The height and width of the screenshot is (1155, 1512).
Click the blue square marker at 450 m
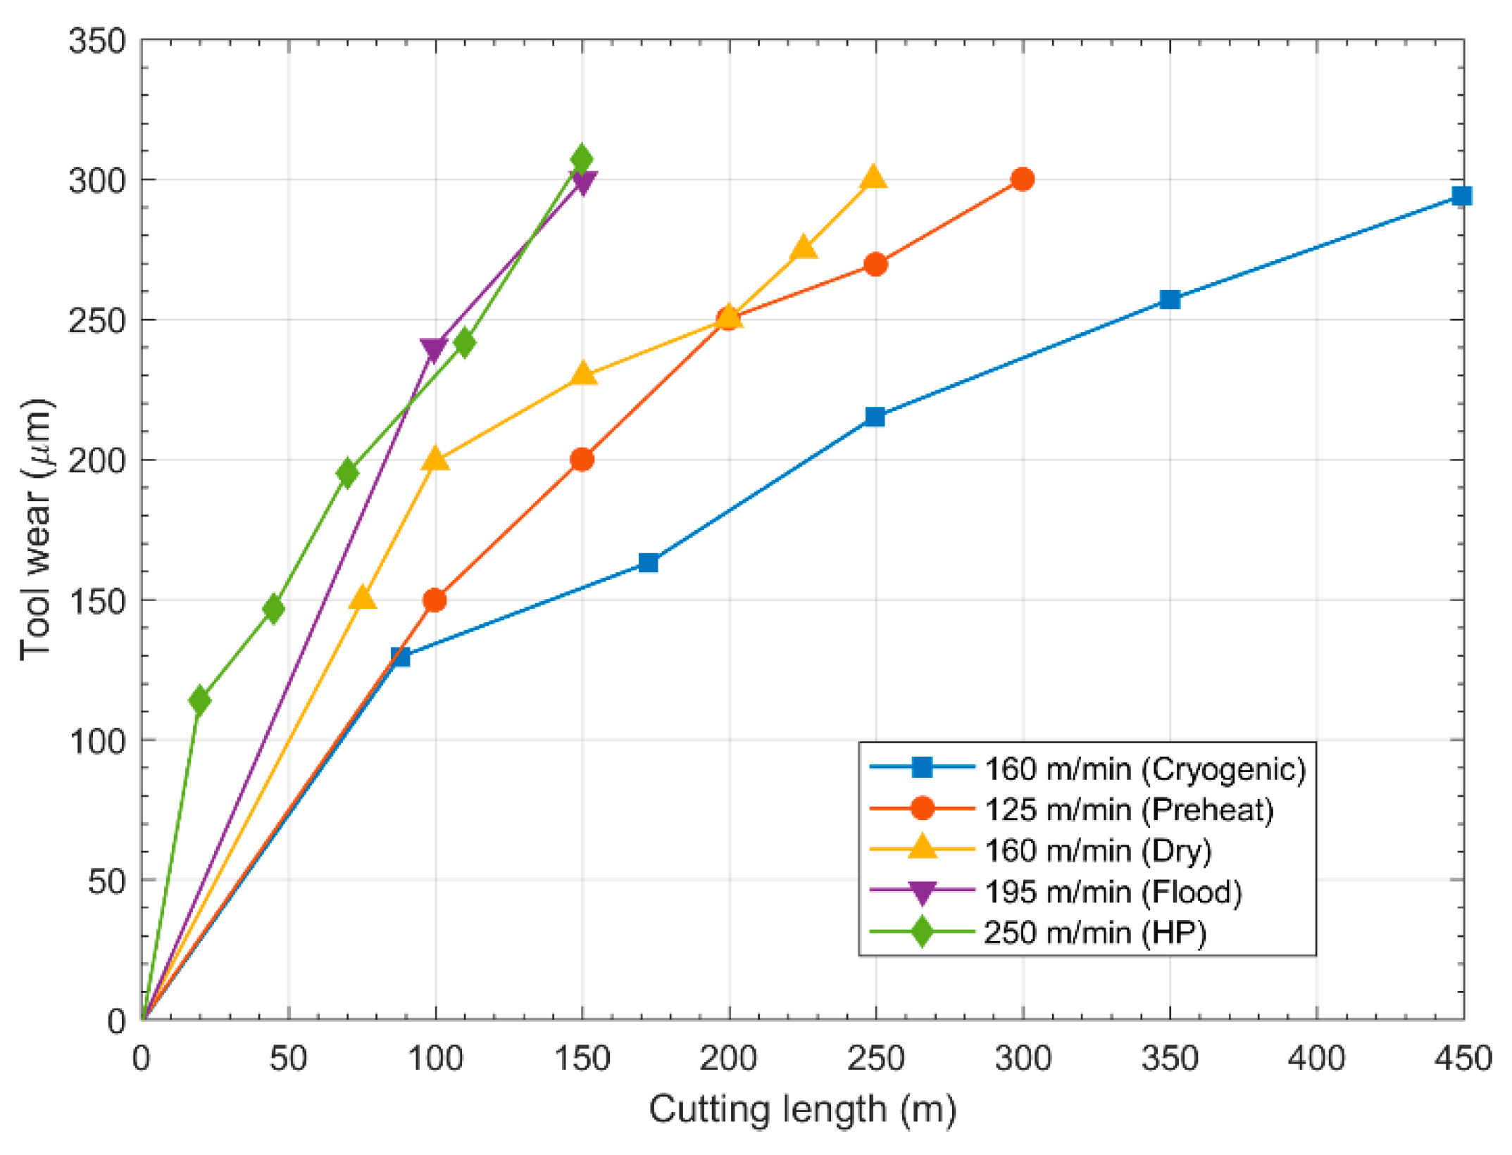coord(1461,196)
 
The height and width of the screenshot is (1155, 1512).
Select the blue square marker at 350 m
coord(1169,299)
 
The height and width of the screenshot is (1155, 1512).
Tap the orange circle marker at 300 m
coord(1023,179)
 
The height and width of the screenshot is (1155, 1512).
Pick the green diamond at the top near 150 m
coord(582,159)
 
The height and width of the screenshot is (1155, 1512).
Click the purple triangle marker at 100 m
coord(434,348)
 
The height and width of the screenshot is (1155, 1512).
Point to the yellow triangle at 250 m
coord(874,178)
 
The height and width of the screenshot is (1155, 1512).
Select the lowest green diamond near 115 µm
coord(200,700)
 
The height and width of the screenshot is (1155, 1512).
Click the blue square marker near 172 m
coord(648,562)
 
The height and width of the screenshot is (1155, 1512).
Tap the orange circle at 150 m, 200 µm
coord(582,460)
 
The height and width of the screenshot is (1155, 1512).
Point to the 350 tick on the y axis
coord(97,41)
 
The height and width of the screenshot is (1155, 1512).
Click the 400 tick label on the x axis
coord(1316,1058)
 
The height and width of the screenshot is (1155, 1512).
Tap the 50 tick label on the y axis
coord(106,881)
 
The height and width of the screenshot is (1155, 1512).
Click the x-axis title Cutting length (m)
coord(802,1111)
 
